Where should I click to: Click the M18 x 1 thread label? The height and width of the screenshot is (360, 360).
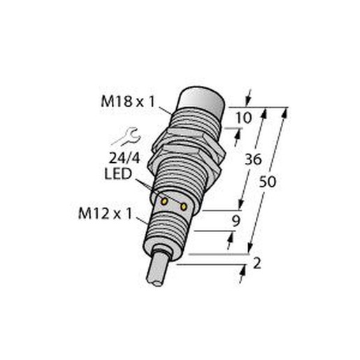pyautogui.click(x=128, y=101)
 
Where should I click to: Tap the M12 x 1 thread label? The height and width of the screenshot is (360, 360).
pyautogui.click(x=106, y=213)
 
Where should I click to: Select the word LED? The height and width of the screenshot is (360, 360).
pyautogui.click(x=118, y=174)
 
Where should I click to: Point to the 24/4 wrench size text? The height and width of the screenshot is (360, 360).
pyautogui.click(x=124, y=159)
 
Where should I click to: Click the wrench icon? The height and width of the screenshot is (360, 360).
pyautogui.click(x=126, y=136)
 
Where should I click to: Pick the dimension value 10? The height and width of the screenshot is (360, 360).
pyautogui.click(x=244, y=117)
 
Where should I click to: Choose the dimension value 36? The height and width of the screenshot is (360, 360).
pyautogui.click(x=253, y=160)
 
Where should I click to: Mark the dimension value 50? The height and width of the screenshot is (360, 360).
pyautogui.click(x=268, y=182)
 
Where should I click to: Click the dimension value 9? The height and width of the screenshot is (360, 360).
pyautogui.click(x=236, y=221)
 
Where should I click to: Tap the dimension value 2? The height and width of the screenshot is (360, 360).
pyautogui.click(x=257, y=264)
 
